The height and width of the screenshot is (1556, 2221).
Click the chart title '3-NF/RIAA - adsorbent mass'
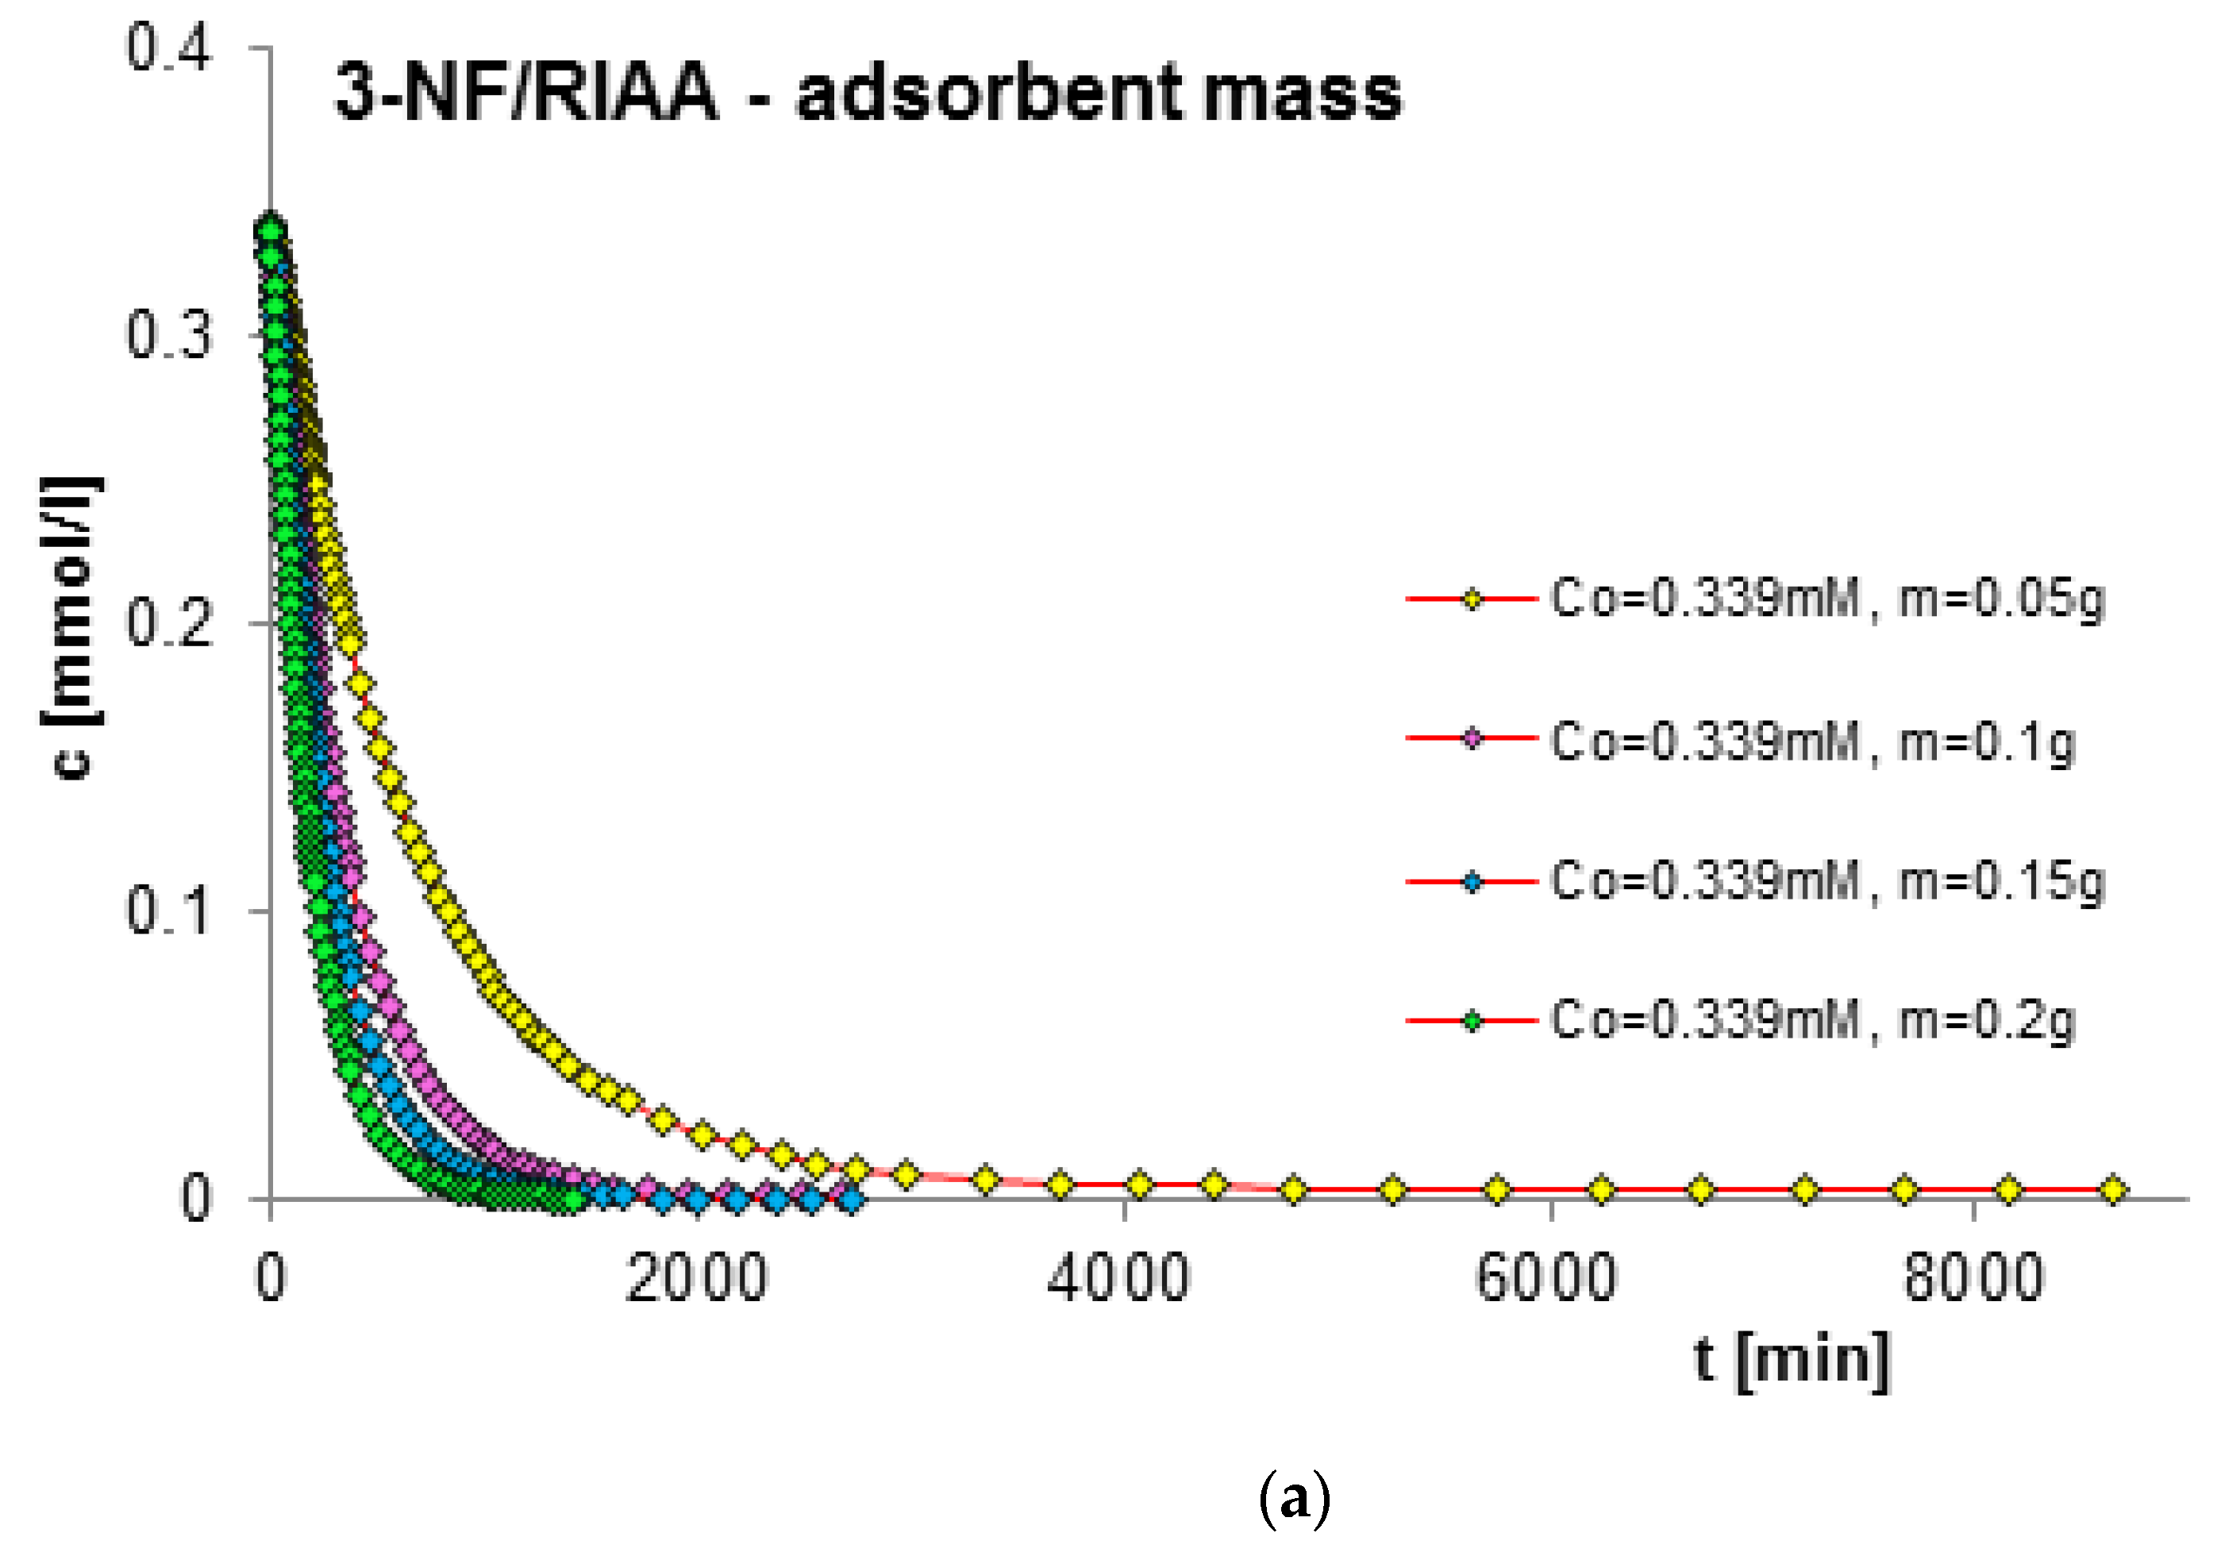tap(867, 93)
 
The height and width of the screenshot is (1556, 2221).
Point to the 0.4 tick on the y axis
tap(168, 47)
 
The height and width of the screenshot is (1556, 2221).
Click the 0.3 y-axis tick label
tap(168, 335)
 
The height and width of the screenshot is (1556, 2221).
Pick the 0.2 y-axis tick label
tap(168, 622)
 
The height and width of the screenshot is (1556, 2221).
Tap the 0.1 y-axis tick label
tap(168, 911)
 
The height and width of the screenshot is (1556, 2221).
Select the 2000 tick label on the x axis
tap(695, 1277)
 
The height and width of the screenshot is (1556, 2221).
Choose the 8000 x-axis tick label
tap(1973, 1277)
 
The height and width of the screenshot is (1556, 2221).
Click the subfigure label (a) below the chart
tap(1295, 1499)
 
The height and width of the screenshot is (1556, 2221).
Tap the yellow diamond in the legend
tap(1472, 599)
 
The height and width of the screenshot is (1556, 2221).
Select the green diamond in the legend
tap(1472, 1020)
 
